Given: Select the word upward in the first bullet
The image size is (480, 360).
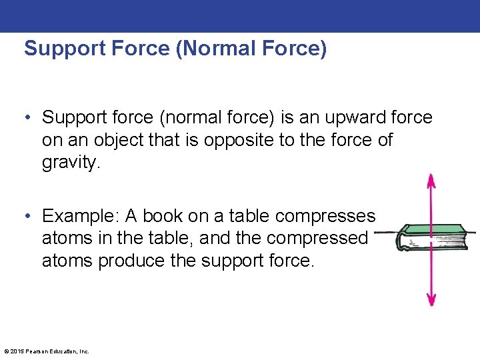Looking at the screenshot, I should pos(356,118).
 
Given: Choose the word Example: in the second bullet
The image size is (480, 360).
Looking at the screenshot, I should pos(81,216).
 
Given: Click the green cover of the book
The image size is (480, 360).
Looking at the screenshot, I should pos(437,229).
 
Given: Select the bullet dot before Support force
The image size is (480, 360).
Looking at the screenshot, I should pos(29,119).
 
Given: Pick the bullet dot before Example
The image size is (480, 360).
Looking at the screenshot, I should pos(29,217).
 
